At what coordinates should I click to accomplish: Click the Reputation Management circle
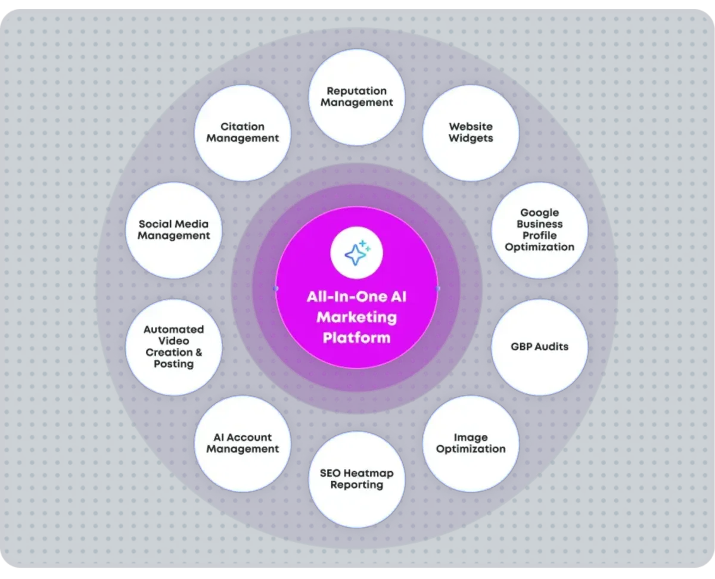[x=356, y=97]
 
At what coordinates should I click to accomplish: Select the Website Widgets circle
[x=471, y=132]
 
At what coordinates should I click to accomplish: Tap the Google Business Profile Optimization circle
[x=539, y=230]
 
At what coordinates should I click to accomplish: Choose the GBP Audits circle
[x=539, y=347]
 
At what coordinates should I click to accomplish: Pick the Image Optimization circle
[x=471, y=444]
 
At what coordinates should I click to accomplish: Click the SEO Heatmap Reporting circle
[x=356, y=480]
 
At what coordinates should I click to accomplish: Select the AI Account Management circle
[x=243, y=444]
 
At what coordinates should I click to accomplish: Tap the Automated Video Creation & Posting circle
[x=174, y=347]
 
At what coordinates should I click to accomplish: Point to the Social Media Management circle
[x=174, y=230]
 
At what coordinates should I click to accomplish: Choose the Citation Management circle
[x=243, y=132]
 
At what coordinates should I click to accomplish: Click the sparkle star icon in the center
[x=356, y=253]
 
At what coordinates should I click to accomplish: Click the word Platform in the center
[x=356, y=338]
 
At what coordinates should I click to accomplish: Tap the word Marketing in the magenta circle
[x=356, y=317]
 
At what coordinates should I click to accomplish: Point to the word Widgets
[x=471, y=138]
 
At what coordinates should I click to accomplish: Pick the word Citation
[x=243, y=126]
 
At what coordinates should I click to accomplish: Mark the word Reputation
[x=356, y=91]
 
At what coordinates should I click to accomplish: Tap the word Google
[x=539, y=213]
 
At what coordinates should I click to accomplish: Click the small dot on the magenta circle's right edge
[x=438, y=288]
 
